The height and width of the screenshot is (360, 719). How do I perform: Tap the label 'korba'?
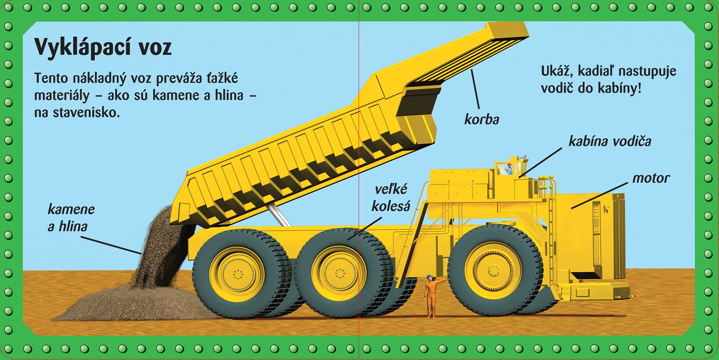coord(482,119)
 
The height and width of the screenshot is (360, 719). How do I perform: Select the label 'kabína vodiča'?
coord(610,141)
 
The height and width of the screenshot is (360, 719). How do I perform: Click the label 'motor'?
coord(651,178)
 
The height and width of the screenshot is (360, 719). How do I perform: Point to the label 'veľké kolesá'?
coord(391,198)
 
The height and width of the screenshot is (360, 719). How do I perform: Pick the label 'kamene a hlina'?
coord(71,218)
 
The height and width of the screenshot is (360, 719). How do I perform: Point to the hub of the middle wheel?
coord(339,274)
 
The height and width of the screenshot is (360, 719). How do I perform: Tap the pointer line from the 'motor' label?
coord(599,196)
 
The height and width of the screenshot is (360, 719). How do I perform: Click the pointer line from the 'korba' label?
coord(476,89)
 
